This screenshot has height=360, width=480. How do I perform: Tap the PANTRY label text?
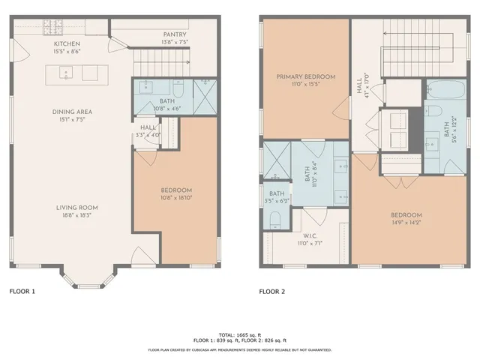click(x=174, y=34)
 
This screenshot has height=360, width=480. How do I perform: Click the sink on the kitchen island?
click(x=66, y=73)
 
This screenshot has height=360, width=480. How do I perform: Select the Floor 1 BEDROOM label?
click(x=177, y=190)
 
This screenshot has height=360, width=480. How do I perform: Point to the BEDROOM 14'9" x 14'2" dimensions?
click(x=406, y=222)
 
